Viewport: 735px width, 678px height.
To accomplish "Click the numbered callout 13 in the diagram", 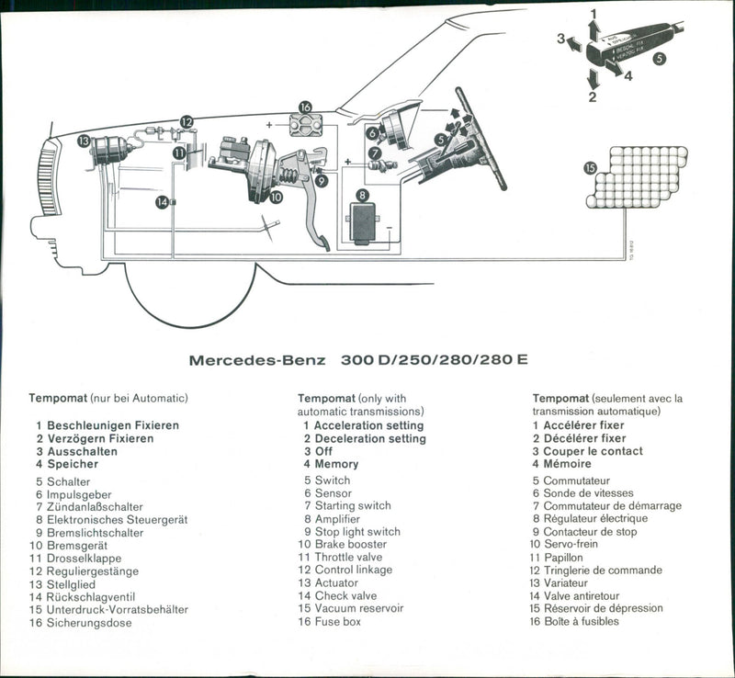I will (84, 141).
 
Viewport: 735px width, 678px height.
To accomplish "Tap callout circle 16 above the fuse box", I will (305, 107).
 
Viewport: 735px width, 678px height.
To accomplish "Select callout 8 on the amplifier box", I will (363, 195).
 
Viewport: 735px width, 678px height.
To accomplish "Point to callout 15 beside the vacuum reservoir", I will (590, 167).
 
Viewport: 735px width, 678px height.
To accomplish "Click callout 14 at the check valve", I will (161, 201).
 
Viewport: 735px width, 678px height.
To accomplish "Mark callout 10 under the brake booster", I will (277, 196).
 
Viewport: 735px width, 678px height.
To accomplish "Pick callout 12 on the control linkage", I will (187, 121).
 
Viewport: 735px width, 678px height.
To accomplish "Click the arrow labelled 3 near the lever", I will (571, 41).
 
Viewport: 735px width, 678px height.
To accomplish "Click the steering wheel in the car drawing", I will (482, 138).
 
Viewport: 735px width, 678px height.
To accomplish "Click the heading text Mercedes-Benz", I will (257, 360).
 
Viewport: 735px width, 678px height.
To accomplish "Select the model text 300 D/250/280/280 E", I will (434, 359).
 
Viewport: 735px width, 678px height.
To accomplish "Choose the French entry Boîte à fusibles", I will (581, 621).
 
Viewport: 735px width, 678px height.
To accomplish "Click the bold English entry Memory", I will (336, 464).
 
